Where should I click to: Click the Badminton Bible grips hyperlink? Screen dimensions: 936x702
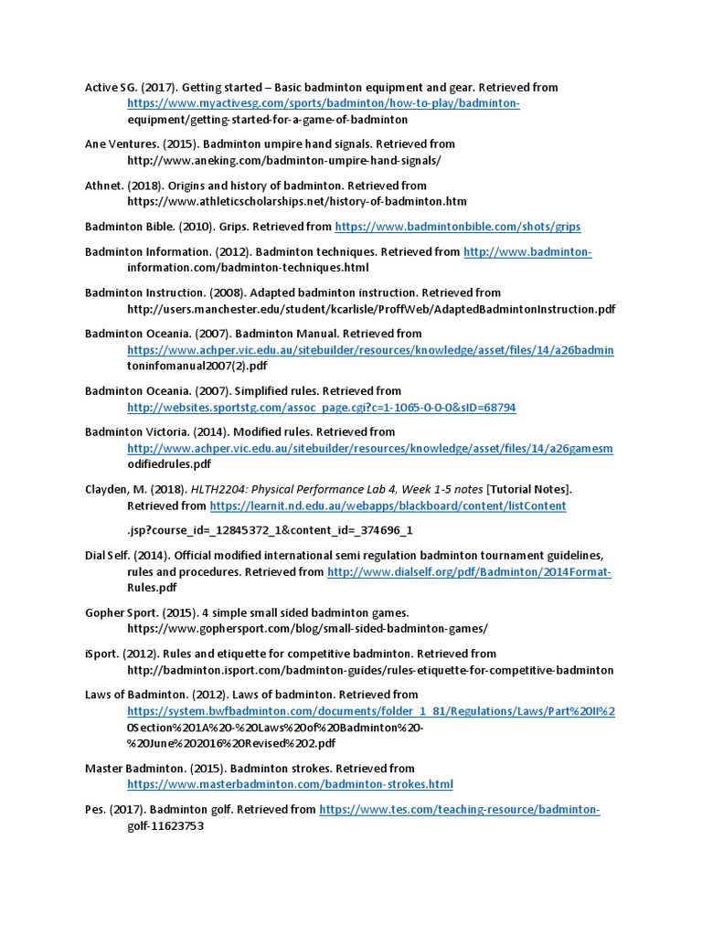pyautogui.click(x=458, y=227)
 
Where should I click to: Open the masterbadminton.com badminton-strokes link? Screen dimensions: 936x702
pyautogui.click(x=290, y=784)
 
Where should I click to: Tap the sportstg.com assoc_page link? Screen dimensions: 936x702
pyautogui.click(x=322, y=407)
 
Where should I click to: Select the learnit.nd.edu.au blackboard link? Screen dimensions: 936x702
pyautogui.click(x=388, y=505)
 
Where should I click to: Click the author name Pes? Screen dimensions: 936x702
pyautogui.click(x=95, y=809)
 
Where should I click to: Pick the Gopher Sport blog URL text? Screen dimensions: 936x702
pyautogui.click(x=307, y=628)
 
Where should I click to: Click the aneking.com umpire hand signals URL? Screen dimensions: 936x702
pyautogui.click(x=283, y=160)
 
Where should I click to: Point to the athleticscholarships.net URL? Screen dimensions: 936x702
pyautogui.click(x=297, y=201)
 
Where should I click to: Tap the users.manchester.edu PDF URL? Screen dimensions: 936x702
pyautogui.click(x=371, y=309)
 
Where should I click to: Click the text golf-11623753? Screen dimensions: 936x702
pyautogui.click(x=165, y=825)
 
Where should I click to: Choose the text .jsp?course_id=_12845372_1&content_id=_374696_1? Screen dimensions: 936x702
pyautogui.click(x=270, y=529)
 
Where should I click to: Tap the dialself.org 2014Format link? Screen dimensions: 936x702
pyautogui.click(x=469, y=572)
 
